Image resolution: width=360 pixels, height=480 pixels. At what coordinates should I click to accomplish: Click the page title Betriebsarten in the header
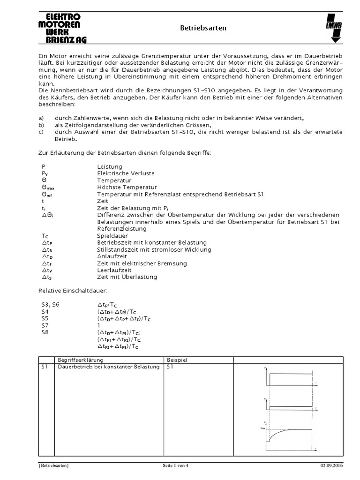pyautogui.click(x=203, y=28)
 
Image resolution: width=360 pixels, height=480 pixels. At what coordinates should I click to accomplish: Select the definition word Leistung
pyautogui.click(x=110, y=166)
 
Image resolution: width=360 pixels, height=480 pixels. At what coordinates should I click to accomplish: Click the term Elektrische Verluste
pyautogui.click(x=126, y=173)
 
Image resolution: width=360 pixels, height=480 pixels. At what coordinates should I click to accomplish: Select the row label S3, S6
pyautogui.click(x=50, y=305)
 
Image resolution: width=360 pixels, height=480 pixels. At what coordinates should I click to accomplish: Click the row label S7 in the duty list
pyautogui.click(x=45, y=325)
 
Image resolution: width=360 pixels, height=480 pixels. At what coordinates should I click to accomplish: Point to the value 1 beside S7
pyautogui.click(x=99, y=325)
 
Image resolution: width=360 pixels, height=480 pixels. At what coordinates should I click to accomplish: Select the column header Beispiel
pyautogui.click(x=178, y=360)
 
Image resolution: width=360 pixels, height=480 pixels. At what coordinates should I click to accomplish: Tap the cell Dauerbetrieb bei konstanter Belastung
pyautogui.click(x=108, y=367)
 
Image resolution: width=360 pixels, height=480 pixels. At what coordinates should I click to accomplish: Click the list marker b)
pyautogui.click(x=41, y=126)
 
